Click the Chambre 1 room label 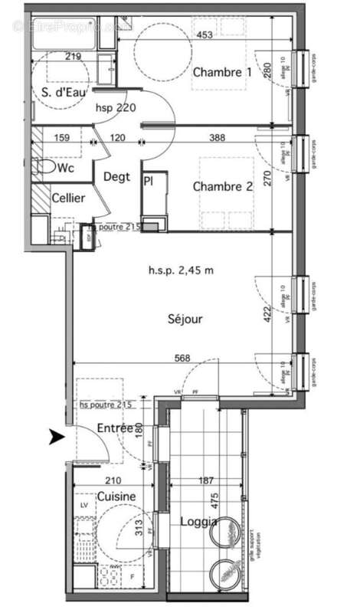(221, 73)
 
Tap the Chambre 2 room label (222, 187)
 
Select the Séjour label (185, 320)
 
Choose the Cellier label (67, 198)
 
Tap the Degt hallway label (118, 176)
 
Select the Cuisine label (116, 497)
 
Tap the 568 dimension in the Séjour (182, 358)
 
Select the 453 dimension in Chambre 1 (205, 34)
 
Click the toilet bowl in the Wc (44, 166)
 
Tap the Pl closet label (148, 180)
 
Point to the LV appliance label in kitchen (83, 506)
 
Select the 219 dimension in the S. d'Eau (74, 56)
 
